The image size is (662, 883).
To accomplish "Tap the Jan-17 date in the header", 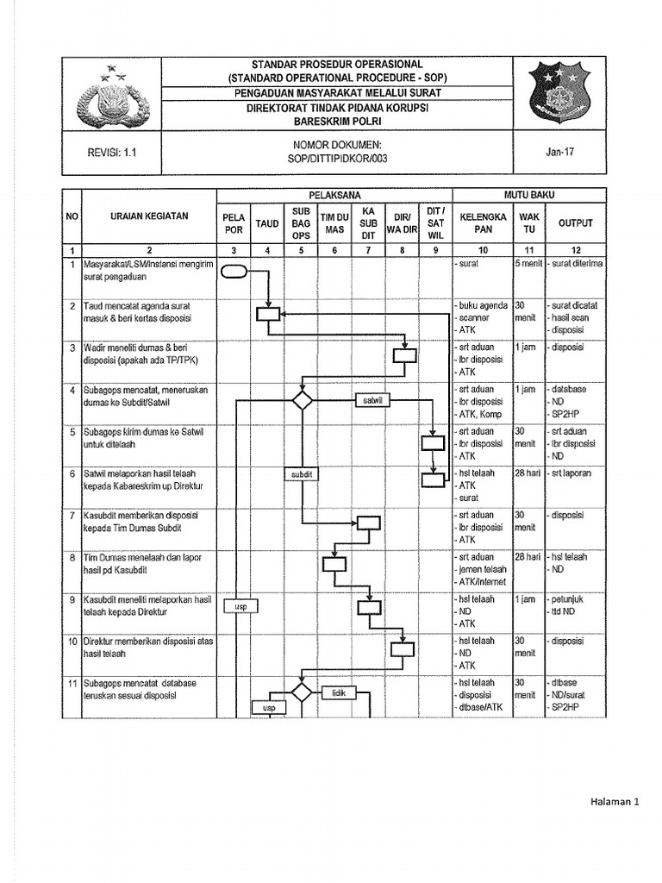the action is click(559, 152).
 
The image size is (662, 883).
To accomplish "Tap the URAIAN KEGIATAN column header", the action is click(149, 216).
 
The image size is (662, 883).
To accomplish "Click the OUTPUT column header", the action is click(575, 222).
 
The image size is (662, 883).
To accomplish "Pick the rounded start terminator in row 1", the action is click(234, 272).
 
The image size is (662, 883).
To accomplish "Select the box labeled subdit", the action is click(301, 473).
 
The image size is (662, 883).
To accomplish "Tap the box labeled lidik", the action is click(338, 692).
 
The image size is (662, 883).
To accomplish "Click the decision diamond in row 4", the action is click(302, 399).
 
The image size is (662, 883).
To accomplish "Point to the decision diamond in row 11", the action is click(301, 692).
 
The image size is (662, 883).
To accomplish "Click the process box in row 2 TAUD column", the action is click(268, 314).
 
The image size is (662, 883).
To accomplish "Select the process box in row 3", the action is click(404, 355).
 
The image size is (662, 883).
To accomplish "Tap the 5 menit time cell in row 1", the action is click(528, 263).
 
